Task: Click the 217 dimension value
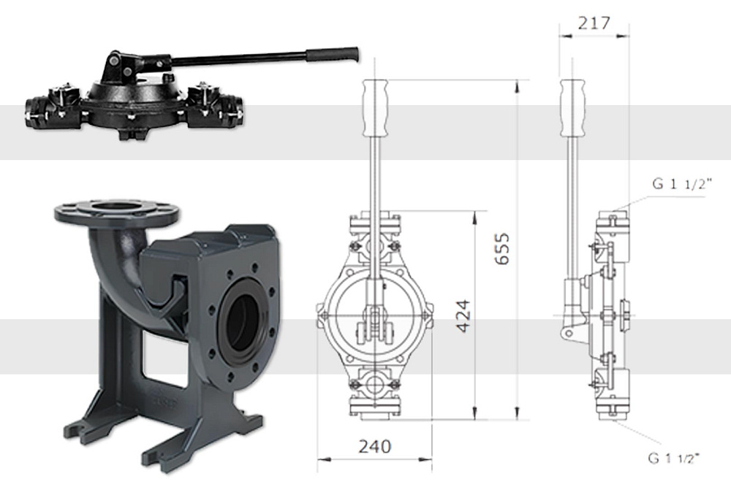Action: [594, 23]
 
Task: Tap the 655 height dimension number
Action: [502, 249]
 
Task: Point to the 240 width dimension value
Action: [374, 447]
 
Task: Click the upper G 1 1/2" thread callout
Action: [682, 184]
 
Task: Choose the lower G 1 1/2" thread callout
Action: [674, 459]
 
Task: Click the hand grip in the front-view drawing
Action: [375, 108]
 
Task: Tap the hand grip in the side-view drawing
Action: [572, 108]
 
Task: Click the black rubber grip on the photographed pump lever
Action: [333, 55]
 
